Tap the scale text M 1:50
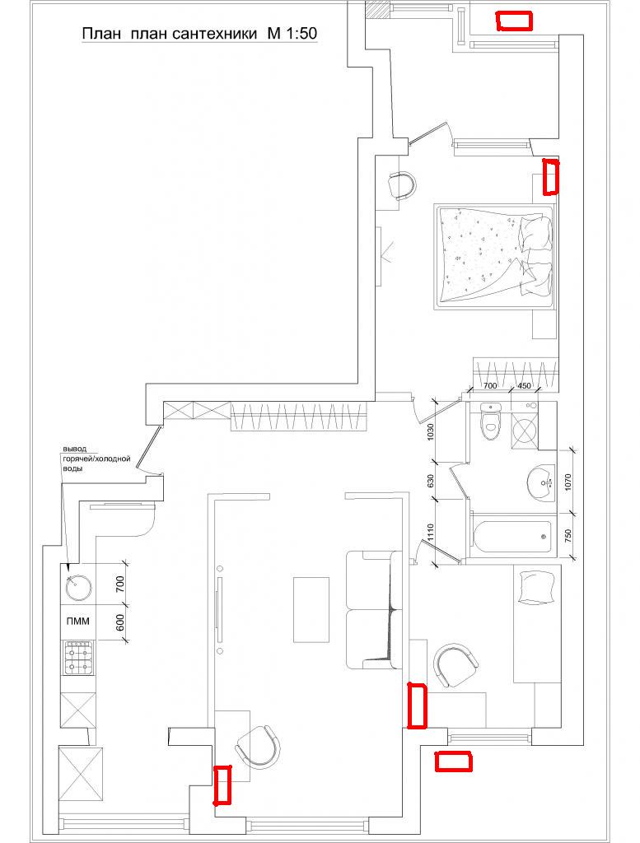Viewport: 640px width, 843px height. point(292,33)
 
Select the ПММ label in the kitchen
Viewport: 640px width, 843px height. point(78,622)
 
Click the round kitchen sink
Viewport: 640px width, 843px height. point(78,586)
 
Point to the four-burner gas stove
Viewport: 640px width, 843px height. point(78,658)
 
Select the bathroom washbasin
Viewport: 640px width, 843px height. point(541,482)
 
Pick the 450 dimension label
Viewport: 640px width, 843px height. point(524,385)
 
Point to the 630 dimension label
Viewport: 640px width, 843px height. point(430,480)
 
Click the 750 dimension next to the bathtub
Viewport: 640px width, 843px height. point(570,537)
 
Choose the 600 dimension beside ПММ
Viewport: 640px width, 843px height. point(120,622)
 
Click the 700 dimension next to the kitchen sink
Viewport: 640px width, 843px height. point(120,583)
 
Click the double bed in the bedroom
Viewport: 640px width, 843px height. point(494,257)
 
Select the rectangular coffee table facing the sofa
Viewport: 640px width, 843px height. point(311,609)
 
